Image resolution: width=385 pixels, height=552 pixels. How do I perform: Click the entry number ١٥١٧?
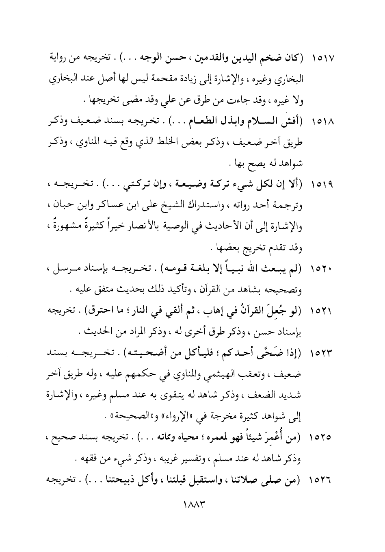coord(322,59)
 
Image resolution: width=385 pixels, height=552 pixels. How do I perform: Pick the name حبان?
coord(62,206)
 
